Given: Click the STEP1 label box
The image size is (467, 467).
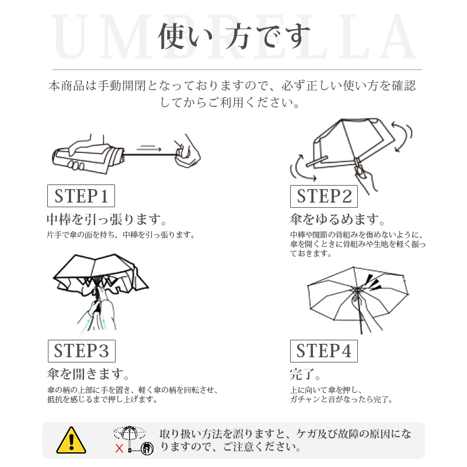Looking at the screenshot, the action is point(81,196).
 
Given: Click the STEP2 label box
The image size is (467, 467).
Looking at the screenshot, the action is point(324,196).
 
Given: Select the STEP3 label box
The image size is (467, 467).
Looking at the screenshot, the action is point(82,351).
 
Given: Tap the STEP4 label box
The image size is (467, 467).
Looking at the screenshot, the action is point(324,351).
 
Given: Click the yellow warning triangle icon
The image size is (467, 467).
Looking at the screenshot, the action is point(71,440).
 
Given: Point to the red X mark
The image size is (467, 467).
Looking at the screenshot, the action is point(119,448).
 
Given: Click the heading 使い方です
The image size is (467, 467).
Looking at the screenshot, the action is point(234,36).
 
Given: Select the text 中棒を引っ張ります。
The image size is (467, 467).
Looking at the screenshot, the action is point(107,219).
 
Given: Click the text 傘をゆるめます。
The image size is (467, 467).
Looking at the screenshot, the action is point(338,219).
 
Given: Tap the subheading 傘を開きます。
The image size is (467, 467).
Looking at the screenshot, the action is point(89,374).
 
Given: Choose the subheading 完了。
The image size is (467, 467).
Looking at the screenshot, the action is point(305,374).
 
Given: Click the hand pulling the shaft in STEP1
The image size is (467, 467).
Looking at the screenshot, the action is point(187,152).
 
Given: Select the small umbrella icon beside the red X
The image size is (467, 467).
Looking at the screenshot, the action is point(130,438).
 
